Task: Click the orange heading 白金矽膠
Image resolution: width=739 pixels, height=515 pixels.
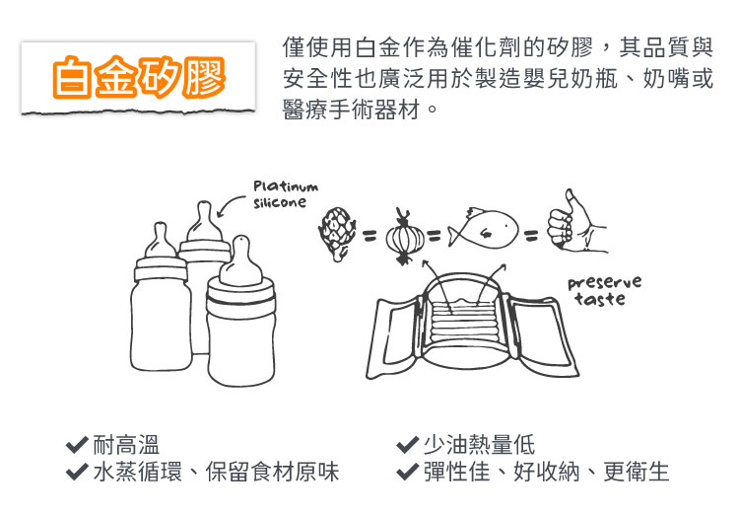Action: coord(139,77)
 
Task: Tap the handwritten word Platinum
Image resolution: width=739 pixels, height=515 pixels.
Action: coord(286,186)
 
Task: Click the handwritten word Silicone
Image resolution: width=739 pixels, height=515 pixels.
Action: coord(280,203)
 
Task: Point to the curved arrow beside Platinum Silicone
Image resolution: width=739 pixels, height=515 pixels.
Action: coord(230,204)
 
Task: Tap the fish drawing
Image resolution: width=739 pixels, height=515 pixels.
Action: coord(482,229)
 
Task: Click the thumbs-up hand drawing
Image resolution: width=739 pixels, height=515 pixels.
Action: coord(575,222)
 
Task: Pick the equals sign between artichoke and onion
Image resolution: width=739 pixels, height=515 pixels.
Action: coord(370,235)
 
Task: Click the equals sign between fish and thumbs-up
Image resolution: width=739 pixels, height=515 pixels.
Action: coord(531,235)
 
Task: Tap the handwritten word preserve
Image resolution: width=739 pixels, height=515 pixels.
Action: coord(605,283)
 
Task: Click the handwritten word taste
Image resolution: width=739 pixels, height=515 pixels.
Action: coord(600,299)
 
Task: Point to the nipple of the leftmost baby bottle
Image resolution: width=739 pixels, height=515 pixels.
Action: coord(161,241)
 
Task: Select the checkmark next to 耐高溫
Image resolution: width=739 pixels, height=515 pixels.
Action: coord(77,444)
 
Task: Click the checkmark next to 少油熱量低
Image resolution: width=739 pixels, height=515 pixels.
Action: coord(408,444)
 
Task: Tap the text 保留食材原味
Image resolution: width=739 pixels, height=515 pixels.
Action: coord(272,472)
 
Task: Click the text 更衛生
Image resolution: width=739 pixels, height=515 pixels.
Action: coord(637,472)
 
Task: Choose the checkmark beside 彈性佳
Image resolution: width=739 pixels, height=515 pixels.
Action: coord(408,472)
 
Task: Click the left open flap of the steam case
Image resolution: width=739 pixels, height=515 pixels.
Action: coord(394,336)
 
